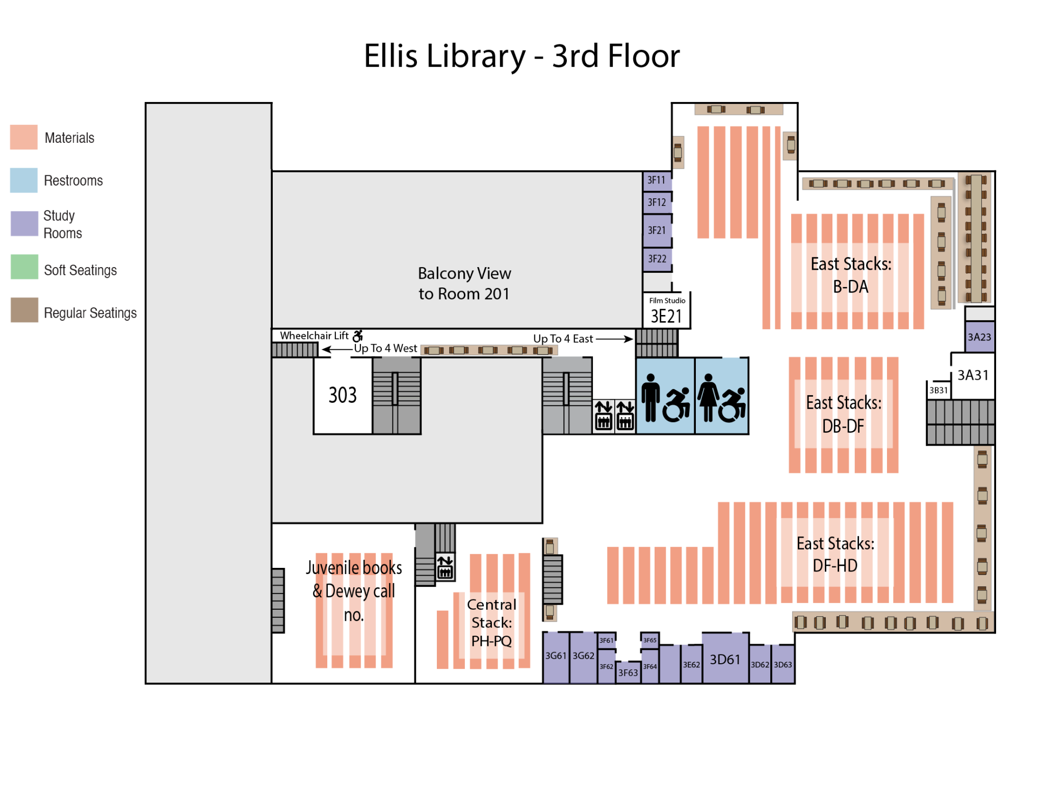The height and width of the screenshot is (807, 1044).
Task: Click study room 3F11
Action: coord(657,180)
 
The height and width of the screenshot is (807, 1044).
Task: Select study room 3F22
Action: coord(657,259)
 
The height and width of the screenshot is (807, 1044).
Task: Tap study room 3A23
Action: coord(979,337)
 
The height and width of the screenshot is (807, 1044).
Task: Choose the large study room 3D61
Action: coord(725,660)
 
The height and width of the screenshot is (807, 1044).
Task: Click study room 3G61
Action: coord(556,657)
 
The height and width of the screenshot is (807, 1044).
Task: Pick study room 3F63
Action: coord(628,673)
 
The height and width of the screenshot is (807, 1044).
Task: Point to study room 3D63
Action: coord(783,665)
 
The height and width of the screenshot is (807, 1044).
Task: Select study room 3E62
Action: coord(691,665)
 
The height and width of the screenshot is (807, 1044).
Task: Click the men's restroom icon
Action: coord(650,398)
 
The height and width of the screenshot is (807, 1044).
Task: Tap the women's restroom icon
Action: coord(708,398)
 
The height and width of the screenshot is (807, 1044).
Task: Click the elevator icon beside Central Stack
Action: coord(445,567)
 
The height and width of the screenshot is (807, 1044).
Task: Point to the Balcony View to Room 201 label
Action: coord(464,283)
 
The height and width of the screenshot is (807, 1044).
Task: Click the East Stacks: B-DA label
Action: coord(851,276)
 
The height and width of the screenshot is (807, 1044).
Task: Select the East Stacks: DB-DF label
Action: coord(844,414)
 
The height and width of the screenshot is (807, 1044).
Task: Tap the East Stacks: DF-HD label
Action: coord(836,554)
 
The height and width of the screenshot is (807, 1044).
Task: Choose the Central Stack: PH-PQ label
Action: coord(491,622)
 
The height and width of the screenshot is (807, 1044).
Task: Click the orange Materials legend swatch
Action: coord(24,137)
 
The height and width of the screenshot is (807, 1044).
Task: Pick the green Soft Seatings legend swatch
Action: coord(24,267)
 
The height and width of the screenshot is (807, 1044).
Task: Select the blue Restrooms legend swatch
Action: coord(24,180)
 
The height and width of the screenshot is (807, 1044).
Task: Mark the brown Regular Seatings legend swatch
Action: coord(24,310)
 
